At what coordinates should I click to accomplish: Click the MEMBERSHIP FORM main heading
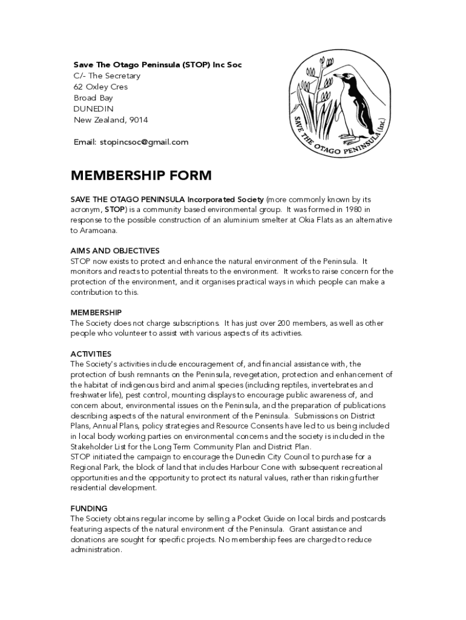141,176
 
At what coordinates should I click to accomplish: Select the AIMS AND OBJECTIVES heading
115,251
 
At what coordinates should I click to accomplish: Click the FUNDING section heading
89,509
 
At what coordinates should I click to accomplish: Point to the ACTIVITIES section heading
91,354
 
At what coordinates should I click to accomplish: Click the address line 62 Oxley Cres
100,87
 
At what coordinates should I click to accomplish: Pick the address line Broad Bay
93,98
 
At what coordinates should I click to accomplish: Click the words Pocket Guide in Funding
263,519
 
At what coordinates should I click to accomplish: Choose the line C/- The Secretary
107,76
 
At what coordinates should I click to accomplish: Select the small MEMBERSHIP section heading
96,312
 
